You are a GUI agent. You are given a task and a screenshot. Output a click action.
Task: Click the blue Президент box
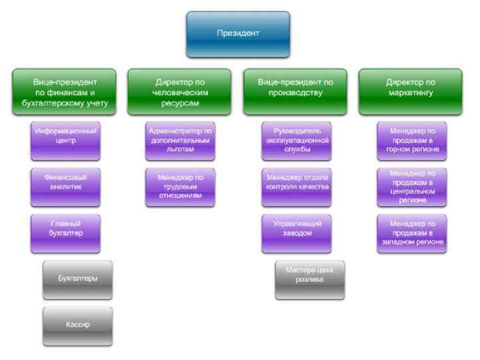coord(238,33)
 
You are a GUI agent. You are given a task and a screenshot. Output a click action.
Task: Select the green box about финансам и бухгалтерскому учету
coord(64,93)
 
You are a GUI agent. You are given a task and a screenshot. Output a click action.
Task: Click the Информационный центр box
coord(65,141)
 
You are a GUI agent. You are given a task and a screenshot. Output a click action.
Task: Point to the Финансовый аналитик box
coord(65,186)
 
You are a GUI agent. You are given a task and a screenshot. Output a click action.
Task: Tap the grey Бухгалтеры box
coord(78,279)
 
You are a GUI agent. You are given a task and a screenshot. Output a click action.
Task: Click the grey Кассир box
coord(78,326)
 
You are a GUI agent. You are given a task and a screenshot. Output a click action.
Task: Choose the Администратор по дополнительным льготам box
coord(181,141)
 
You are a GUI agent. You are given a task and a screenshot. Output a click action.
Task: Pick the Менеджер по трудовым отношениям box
coord(181,187)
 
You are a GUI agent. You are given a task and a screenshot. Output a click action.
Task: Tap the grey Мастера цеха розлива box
coord(310,279)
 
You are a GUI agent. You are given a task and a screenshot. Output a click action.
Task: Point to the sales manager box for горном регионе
coord(412,141)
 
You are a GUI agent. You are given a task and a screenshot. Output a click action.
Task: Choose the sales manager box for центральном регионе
coord(412,187)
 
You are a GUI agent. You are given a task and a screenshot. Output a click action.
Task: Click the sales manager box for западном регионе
coord(412,233)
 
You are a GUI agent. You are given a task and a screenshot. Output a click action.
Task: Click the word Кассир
coord(78,325)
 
